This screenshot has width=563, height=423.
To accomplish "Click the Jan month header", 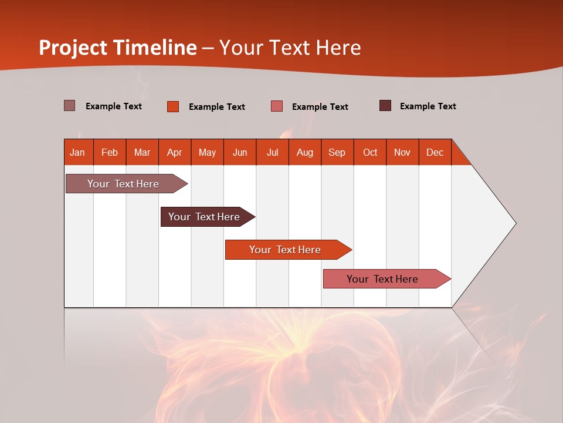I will [78, 152].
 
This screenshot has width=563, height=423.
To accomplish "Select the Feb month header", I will [110, 152].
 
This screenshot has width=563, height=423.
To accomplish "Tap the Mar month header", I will [142, 152].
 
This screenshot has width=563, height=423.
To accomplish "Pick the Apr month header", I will [174, 152].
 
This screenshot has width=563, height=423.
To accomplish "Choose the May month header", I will [207, 152].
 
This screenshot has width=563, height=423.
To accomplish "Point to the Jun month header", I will [240, 152].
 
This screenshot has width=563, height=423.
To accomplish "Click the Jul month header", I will [272, 152].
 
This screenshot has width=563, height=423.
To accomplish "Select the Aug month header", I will [304, 152].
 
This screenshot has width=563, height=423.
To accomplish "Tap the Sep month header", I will [337, 152].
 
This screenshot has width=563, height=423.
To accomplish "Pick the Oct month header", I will [370, 152].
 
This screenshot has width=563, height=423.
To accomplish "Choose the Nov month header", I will [402, 152].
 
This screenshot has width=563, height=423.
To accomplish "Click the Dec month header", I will [435, 152].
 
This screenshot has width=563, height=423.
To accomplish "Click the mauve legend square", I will [70, 106].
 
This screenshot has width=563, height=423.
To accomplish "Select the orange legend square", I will [173, 106].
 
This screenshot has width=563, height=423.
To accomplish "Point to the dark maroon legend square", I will [385, 106].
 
